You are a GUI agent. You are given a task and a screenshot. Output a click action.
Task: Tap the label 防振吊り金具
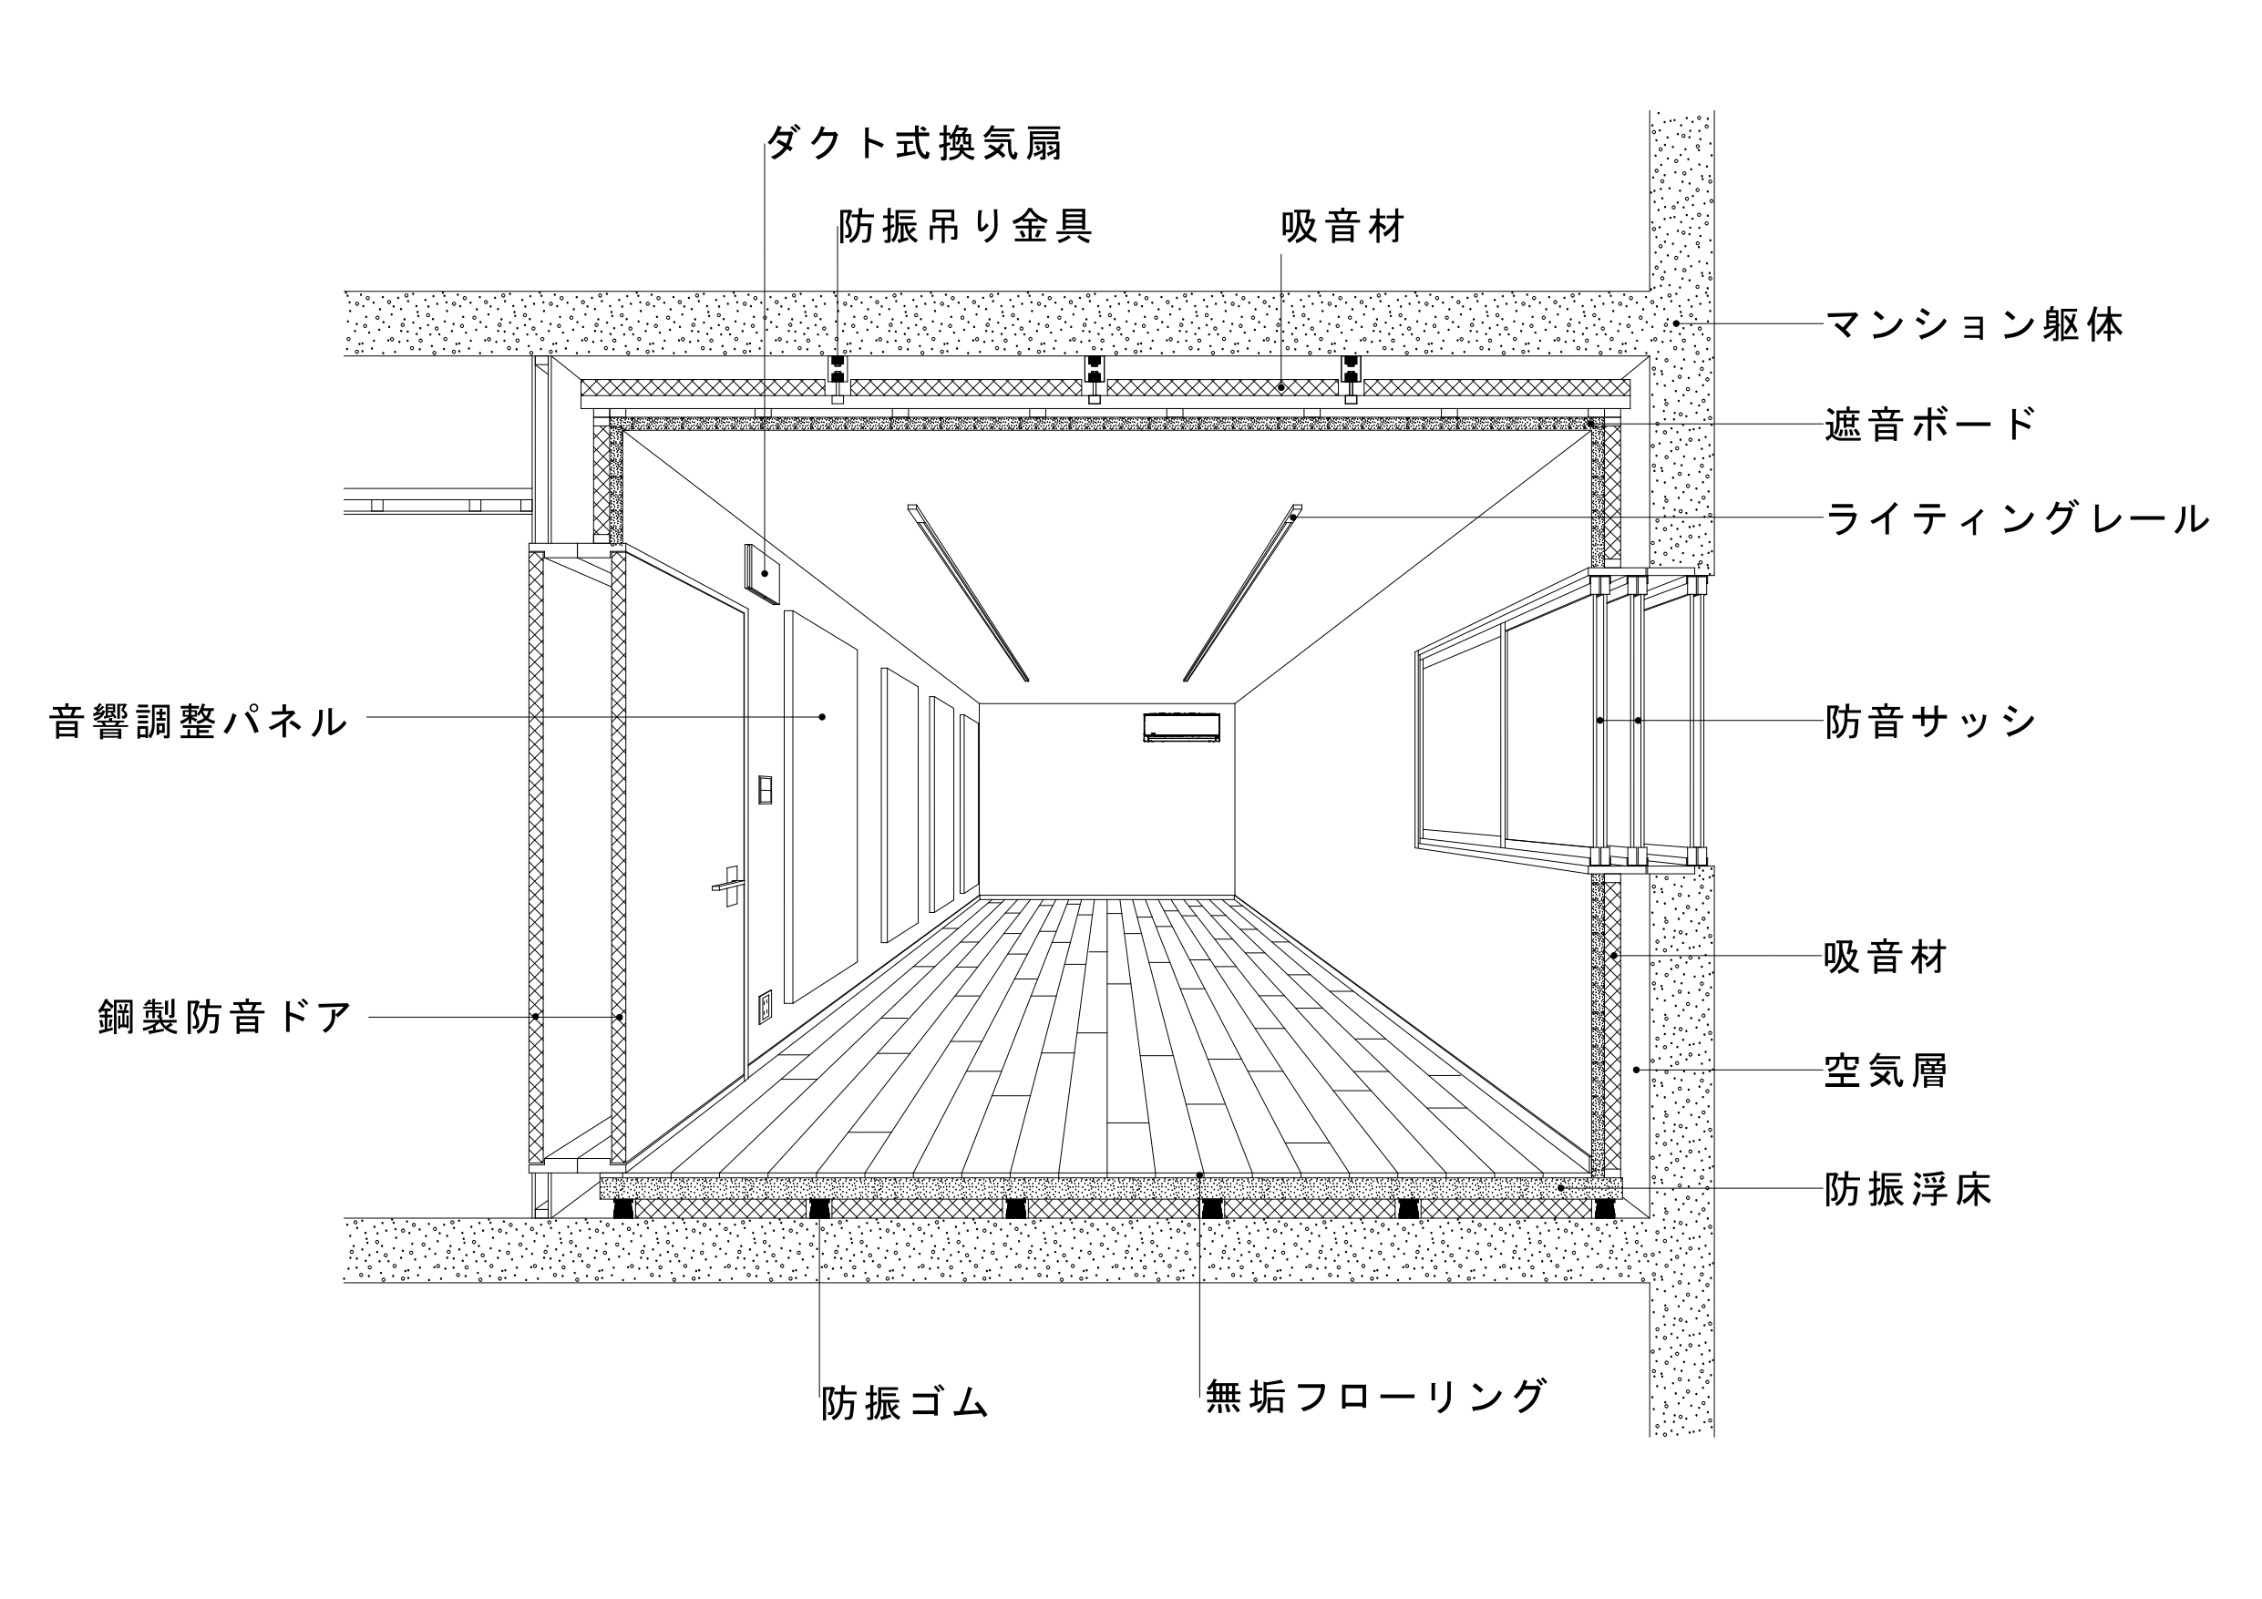click(965, 228)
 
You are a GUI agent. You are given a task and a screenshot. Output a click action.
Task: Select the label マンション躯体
click(1974, 324)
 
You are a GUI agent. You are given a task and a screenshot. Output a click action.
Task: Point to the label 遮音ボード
click(1930, 425)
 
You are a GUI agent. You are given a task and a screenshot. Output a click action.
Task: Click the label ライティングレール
click(2017, 519)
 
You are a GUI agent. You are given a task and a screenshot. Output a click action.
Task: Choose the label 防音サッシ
click(1930, 722)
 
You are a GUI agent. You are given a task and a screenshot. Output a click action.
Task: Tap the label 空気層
click(1886, 1071)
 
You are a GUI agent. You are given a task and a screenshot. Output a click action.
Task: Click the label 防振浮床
click(1907, 1190)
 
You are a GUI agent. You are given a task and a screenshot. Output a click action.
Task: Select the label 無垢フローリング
click(1375, 1396)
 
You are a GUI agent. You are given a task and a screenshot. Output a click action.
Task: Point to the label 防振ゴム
click(904, 1403)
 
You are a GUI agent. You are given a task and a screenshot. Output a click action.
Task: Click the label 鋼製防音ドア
click(224, 1017)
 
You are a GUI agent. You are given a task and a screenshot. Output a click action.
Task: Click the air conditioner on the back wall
click(1181, 727)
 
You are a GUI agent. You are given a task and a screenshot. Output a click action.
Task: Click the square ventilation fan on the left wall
click(763, 572)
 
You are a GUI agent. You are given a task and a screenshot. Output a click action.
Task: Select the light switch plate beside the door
click(765, 790)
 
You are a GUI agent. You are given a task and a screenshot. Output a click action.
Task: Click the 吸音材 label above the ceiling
click(1342, 228)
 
